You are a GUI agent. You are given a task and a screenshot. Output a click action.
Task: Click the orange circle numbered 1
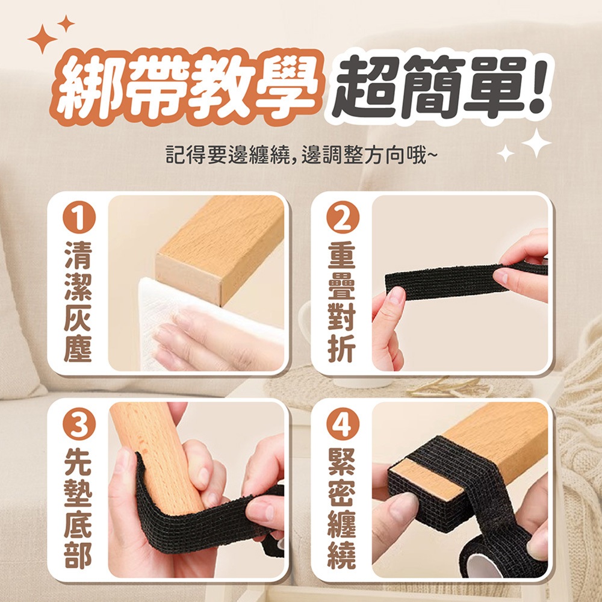point(79,218)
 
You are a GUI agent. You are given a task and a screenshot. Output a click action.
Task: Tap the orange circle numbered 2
point(343,218)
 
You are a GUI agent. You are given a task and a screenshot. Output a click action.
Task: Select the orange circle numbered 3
point(79,424)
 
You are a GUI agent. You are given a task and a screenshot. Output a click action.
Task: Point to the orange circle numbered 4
point(343,424)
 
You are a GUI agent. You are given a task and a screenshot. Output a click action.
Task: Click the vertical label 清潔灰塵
point(78,302)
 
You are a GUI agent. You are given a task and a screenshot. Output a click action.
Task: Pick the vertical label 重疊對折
point(342,302)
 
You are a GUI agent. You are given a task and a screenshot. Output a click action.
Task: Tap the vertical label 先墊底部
point(78,508)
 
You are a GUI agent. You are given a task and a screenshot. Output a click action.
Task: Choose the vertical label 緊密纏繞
point(342,508)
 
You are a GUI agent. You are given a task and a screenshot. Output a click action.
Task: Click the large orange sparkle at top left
point(42,39)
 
